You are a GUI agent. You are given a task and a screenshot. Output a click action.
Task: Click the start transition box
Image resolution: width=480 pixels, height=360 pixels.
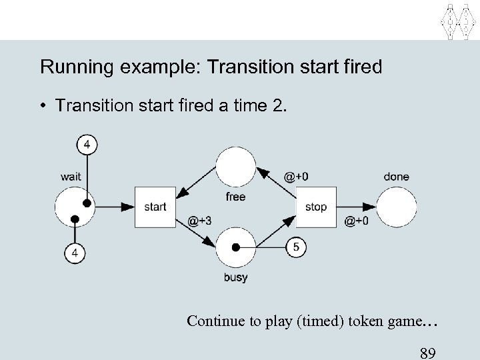click(155, 207)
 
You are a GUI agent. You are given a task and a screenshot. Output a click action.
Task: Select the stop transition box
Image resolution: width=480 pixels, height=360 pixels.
click(315, 207)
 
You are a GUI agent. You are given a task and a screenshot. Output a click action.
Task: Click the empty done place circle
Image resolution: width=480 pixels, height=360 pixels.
click(397, 207)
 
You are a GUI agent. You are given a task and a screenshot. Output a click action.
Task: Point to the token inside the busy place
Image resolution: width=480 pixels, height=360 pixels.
click(235, 247)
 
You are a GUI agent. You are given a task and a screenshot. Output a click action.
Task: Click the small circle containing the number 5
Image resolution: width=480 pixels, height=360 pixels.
click(296, 247)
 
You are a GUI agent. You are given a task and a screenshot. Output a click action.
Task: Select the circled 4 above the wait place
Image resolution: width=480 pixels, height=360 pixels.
click(87, 143)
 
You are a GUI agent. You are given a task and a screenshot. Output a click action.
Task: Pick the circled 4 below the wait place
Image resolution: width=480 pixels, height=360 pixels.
click(75, 253)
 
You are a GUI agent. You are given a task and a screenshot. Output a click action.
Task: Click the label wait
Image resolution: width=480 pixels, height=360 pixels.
click(71, 177)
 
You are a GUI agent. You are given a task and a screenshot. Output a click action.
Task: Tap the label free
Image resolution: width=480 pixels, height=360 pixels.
click(235, 197)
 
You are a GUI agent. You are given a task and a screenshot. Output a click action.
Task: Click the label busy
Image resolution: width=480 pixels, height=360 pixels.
click(235, 278)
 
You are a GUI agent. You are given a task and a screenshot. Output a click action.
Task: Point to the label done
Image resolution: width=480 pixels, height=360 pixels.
click(397, 177)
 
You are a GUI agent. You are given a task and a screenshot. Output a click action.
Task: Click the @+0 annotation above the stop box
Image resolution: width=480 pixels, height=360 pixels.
click(296, 177)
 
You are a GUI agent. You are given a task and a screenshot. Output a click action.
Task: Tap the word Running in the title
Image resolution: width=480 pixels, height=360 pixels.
click(73, 67)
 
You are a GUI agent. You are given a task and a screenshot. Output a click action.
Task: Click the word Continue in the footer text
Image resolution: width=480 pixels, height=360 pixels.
click(212, 321)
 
